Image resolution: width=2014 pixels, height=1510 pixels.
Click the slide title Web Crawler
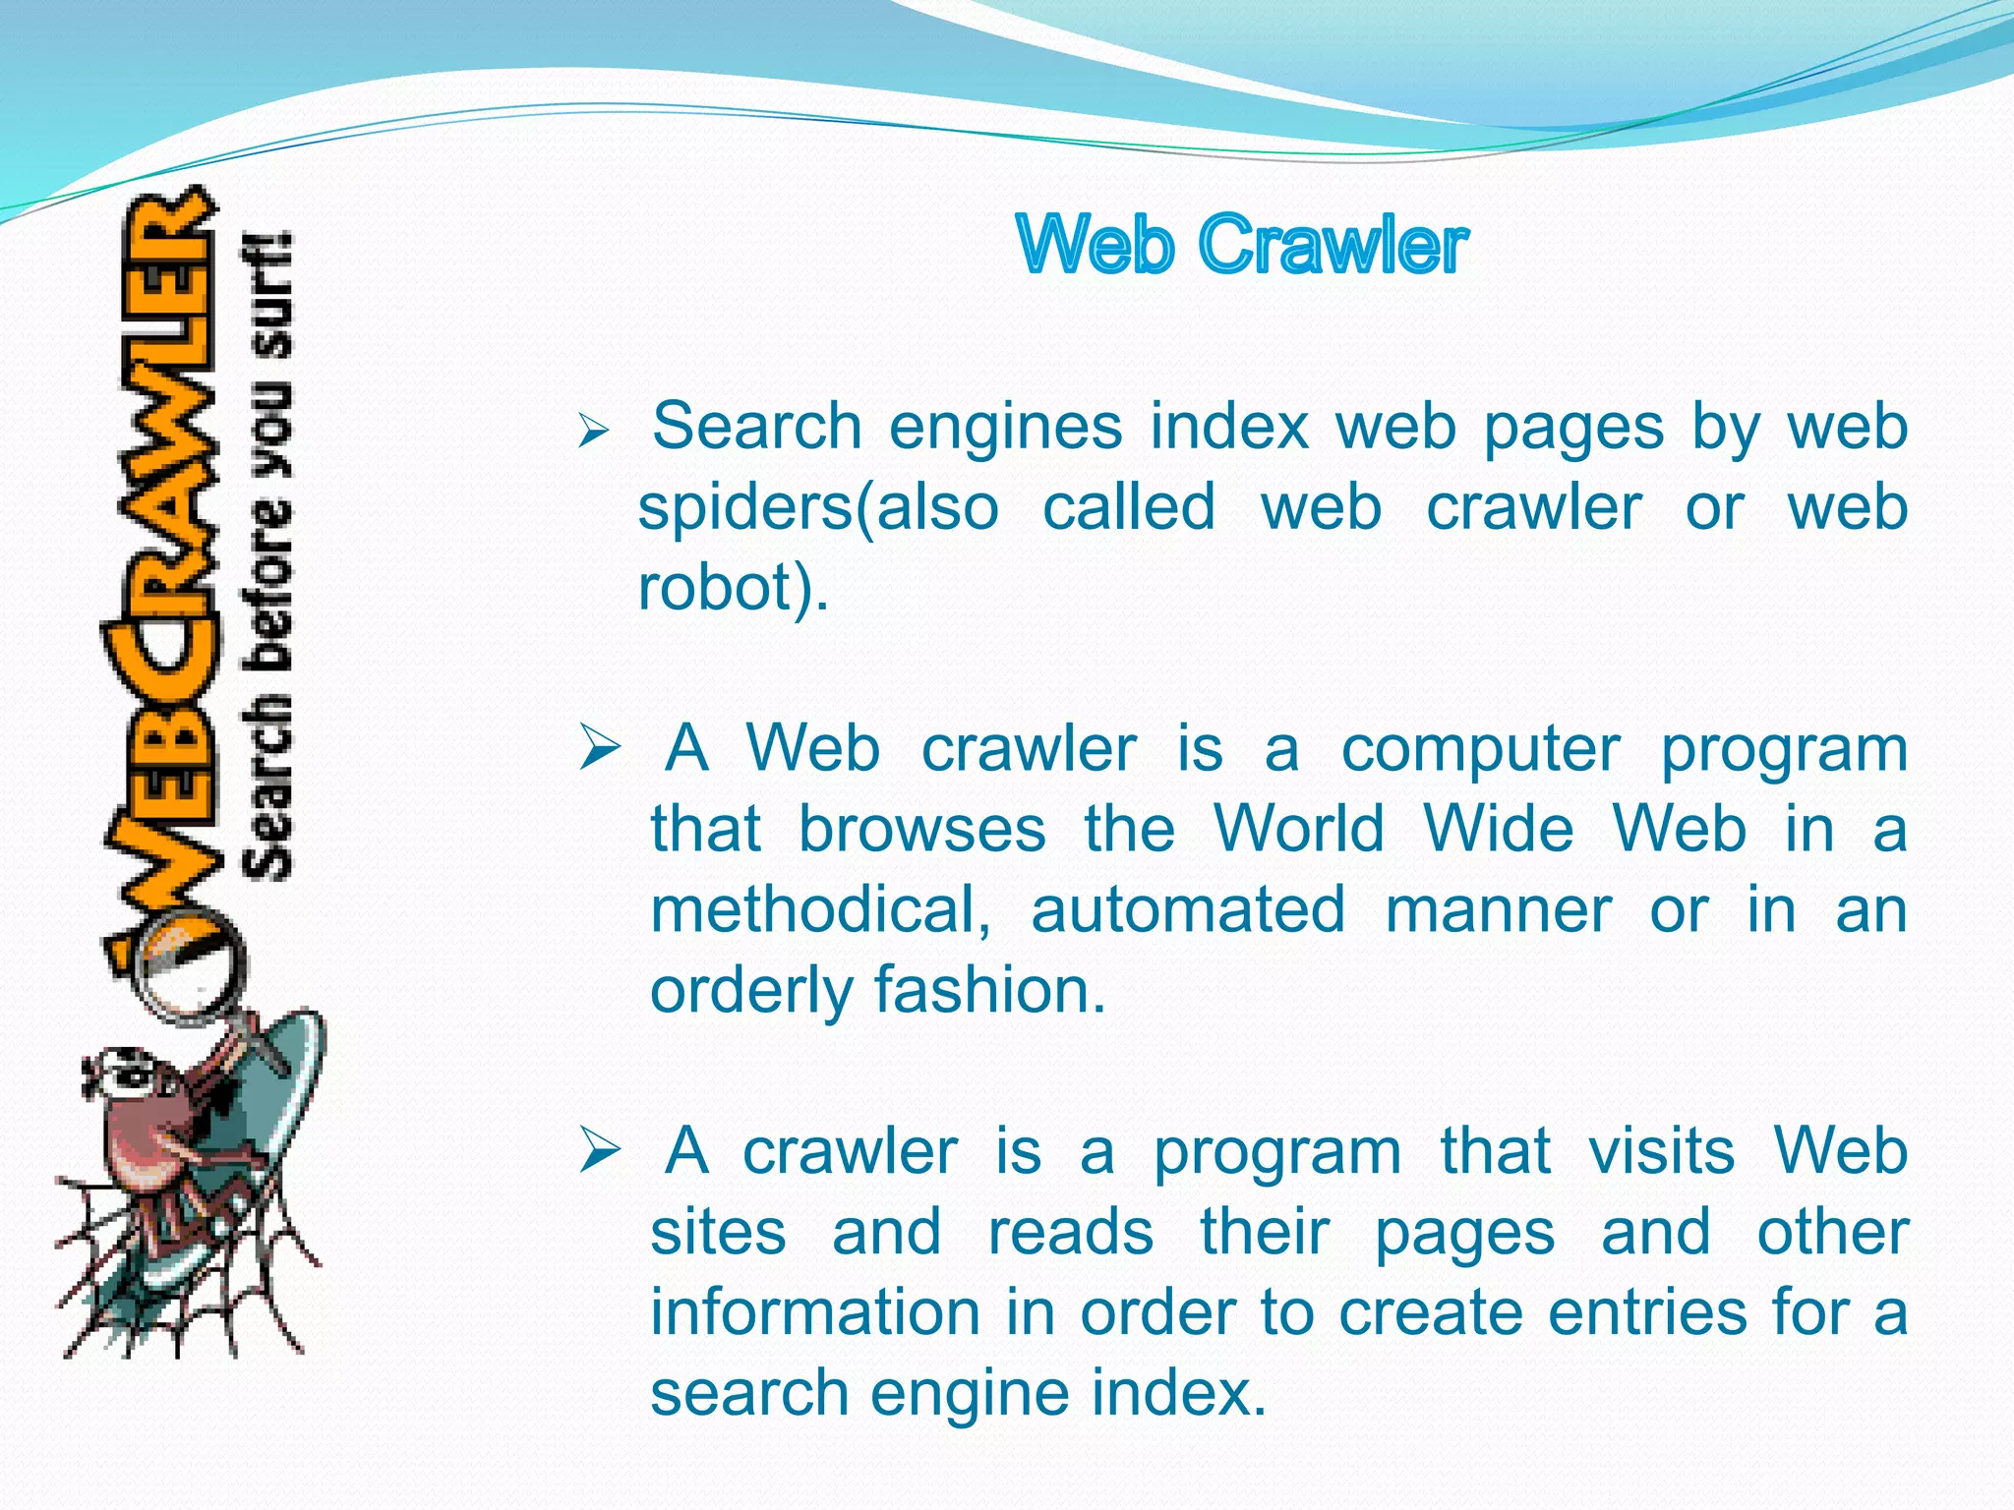(1242, 245)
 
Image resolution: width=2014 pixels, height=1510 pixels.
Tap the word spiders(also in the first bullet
(818, 508)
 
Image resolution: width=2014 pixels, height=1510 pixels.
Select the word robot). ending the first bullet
(734, 588)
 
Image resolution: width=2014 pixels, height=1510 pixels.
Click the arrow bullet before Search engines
(594, 431)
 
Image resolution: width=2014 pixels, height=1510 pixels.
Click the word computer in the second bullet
(1480, 750)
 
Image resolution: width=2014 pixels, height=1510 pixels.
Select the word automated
(1188, 909)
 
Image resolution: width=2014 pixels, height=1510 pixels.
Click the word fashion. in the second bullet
(989, 990)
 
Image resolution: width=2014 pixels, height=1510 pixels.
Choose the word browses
(921, 829)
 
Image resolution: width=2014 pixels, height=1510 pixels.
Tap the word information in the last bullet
(815, 1312)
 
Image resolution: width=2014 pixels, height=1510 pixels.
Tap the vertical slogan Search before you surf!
(267, 555)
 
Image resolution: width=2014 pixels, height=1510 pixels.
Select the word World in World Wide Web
(1299, 829)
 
